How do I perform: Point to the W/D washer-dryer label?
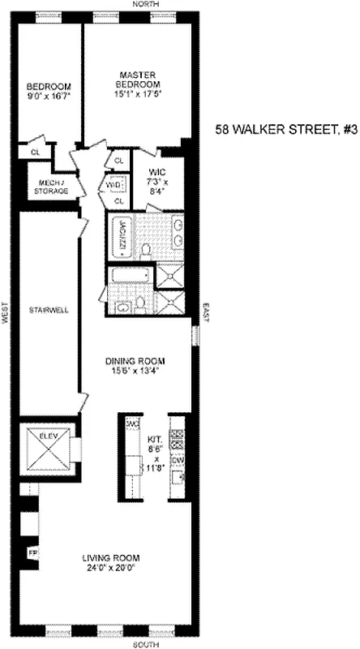click(x=114, y=184)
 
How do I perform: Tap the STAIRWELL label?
click(x=48, y=310)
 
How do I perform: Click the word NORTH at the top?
click(x=157, y=5)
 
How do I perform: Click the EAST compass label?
click(x=205, y=309)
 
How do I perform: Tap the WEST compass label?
click(x=6, y=315)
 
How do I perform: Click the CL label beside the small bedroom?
click(x=36, y=152)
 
